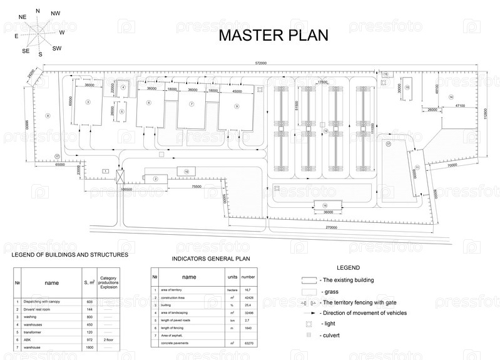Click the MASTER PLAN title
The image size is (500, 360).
[x=273, y=35]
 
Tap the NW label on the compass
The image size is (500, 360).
[x=55, y=13]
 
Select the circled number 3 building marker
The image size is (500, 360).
[x=88, y=101]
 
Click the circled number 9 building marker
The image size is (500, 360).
[x=237, y=106]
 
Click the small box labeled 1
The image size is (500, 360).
[x=106, y=170]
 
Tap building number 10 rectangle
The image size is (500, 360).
[x=186, y=171]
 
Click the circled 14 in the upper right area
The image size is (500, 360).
[x=451, y=96]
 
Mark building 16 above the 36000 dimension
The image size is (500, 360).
[x=325, y=205]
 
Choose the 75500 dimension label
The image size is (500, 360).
[x=196, y=187]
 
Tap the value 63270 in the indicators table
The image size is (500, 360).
[x=248, y=343]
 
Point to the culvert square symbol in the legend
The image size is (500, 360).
[x=309, y=335]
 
